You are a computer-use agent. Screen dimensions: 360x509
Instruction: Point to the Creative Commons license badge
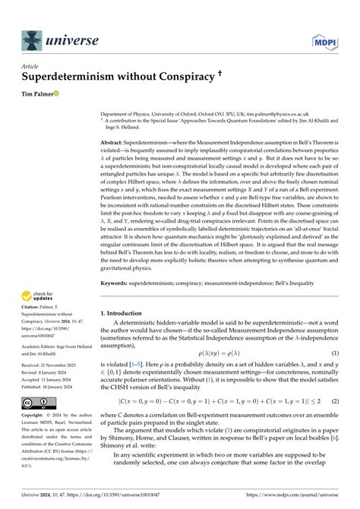[38, 424]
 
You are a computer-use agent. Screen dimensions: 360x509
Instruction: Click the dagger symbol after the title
[198, 75]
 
